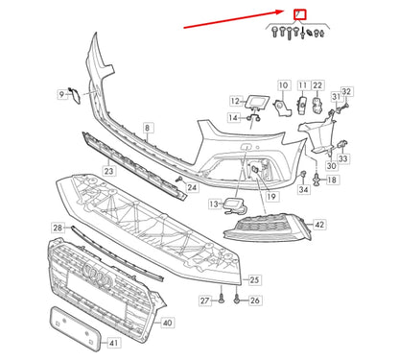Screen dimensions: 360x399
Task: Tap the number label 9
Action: (x=63, y=94)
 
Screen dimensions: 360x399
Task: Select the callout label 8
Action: (x=148, y=127)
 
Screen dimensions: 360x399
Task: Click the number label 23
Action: (x=110, y=170)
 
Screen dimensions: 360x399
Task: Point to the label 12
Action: (x=235, y=100)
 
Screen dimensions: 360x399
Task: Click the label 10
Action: (x=282, y=85)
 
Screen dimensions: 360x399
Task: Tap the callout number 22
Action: (x=317, y=85)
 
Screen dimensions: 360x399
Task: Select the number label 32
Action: (x=347, y=91)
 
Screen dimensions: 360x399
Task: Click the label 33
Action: (x=343, y=158)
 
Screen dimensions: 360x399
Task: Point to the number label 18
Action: (x=332, y=180)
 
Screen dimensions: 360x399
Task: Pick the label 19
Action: (x=272, y=197)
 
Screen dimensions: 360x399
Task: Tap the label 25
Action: (x=254, y=279)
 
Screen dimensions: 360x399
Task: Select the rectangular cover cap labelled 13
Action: (x=233, y=204)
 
